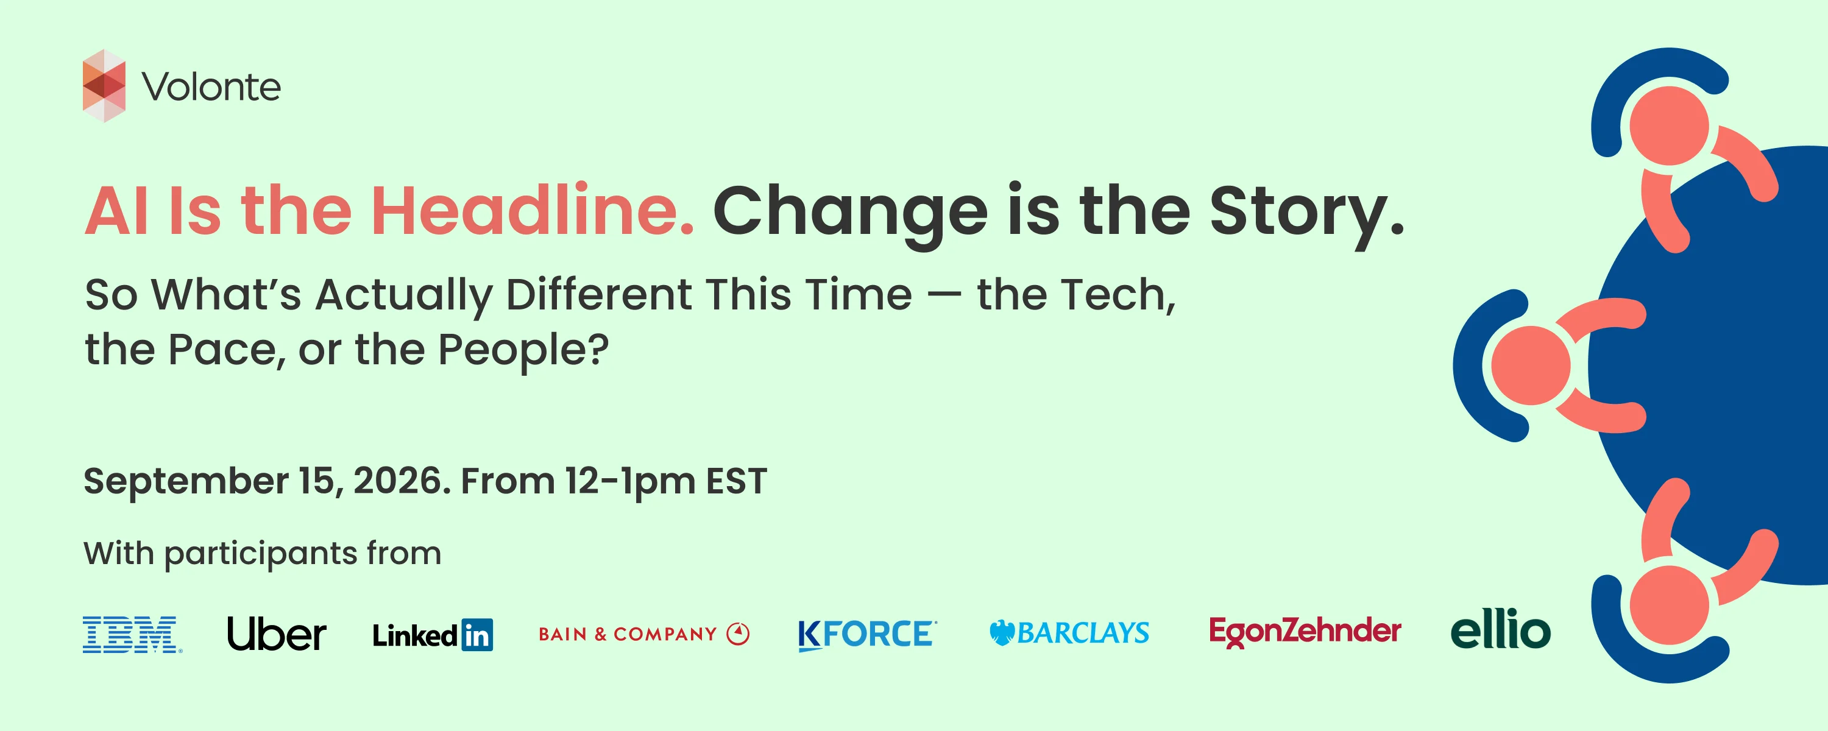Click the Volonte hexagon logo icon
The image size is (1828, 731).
coord(104,86)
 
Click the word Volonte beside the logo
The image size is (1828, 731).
coord(211,87)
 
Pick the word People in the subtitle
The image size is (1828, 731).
coord(523,350)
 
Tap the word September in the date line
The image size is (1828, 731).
coord(186,482)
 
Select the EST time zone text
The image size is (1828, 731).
coord(736,481)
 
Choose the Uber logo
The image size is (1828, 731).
coord(277,633)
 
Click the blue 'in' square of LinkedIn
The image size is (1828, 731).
coord(477,635)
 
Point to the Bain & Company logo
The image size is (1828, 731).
coord(643,634)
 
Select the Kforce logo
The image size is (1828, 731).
coord(867,635)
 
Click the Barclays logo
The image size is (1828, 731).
coord(1069,632)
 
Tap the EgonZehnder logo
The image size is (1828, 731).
coord(1305,632)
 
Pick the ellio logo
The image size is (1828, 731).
coord(1500,629)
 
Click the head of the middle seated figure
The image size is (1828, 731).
coord(1531,365)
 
